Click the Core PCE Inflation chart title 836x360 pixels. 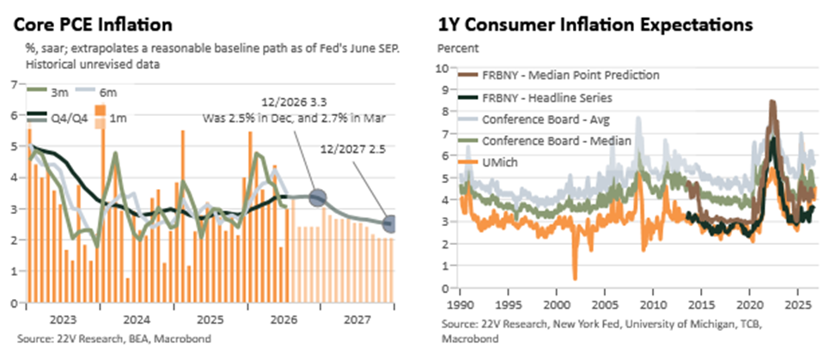click(93, 25)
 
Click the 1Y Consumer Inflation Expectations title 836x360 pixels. click(595, 25)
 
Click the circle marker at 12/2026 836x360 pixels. click(318, 198)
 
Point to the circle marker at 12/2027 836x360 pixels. click(390, 224)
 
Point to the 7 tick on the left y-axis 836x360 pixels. click(15, 83)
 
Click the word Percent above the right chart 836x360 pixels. click(458, 47)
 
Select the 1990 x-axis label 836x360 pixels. click(460, 308)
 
